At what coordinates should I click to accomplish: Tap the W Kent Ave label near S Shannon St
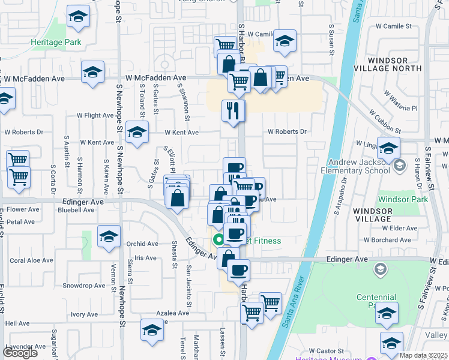point(182,132)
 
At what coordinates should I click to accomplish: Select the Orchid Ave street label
point(142,244)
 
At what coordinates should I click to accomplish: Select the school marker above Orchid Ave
point(109,236)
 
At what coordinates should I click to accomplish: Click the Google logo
point(20,353)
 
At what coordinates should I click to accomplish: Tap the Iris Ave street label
point(145,258)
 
